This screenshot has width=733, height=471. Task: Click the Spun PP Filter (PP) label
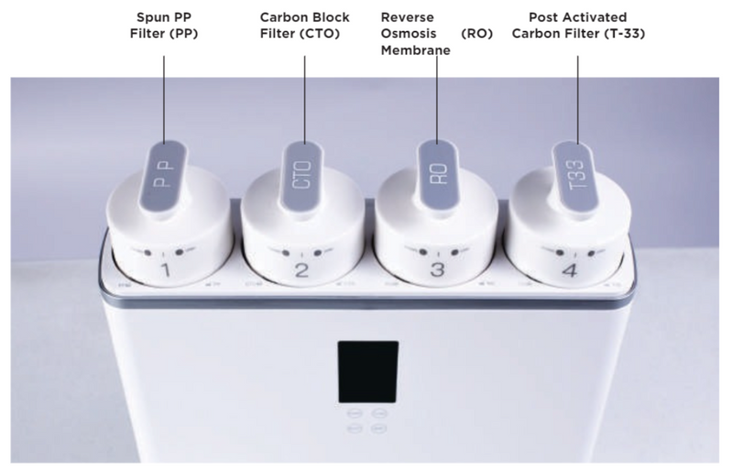[164, 26]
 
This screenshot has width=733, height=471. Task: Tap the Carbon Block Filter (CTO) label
[305, 26]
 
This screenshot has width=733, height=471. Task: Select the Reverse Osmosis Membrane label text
[416, 33]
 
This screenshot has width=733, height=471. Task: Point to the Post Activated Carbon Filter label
[578, 26]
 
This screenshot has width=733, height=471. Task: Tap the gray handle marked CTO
[304, 176]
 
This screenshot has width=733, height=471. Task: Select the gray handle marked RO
[438, 174]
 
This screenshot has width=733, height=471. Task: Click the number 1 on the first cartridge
[165, 270]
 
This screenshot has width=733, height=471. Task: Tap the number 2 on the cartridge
[302, 270]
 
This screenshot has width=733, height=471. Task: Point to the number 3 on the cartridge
[437, 270]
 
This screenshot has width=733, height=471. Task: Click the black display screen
[368, 372]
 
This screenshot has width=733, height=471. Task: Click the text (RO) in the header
[476, 34]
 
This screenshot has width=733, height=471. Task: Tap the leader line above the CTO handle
[305, 100]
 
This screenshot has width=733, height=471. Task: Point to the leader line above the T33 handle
[578, 100]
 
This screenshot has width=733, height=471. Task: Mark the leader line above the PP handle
[164, 99]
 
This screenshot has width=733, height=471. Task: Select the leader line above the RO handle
[438, 100]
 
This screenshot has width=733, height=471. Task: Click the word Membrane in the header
[416, 50]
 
